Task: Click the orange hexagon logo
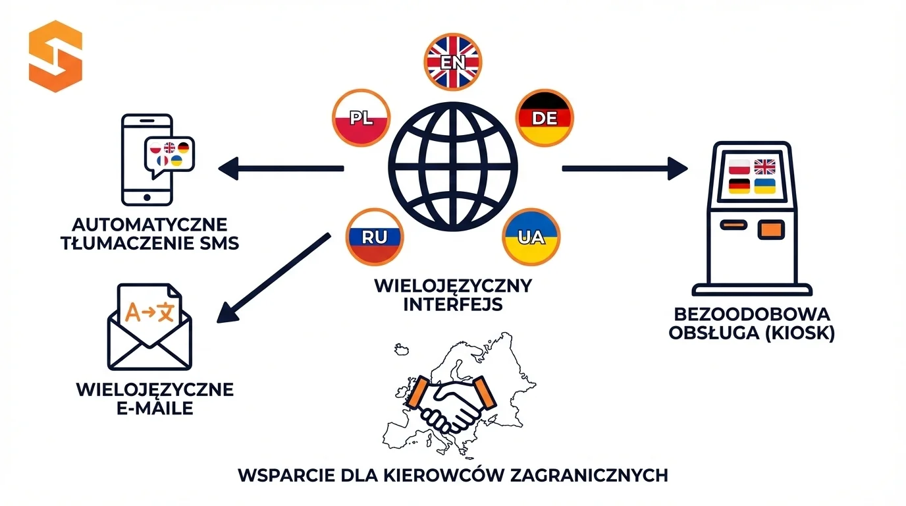tap(55, 56)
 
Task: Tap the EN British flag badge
tap(452, 61)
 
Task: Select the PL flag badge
tap(361, 119)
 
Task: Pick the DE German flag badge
tap(545, 118)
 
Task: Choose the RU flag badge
tap(375, 237)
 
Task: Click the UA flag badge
tap(531, 237)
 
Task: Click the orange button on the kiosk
tap(771, 229)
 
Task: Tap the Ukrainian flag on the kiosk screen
tap(764, 186)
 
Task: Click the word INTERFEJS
tap(452, 304)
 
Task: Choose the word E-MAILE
tap(155, 408)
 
